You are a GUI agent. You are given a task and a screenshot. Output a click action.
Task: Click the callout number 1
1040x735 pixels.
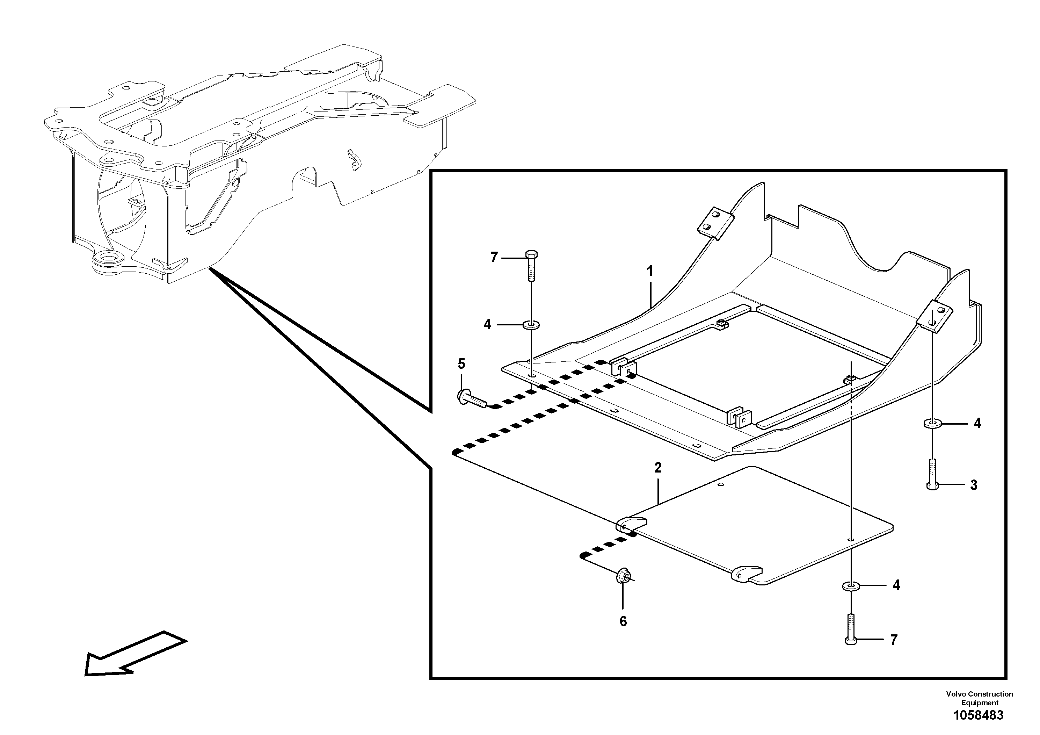(x=650, y=272)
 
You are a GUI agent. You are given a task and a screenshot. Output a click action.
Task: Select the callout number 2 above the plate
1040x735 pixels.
(x=658, y=468)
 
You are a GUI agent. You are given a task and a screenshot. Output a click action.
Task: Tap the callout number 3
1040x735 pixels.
(x=974, y=485)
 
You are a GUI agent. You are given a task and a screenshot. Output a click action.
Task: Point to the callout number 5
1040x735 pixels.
(x=461, y=364)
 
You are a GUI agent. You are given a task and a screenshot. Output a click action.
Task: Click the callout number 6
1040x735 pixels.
(x=623, y=622)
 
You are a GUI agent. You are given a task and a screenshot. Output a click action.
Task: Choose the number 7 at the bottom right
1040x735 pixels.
(x=894, y=640)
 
